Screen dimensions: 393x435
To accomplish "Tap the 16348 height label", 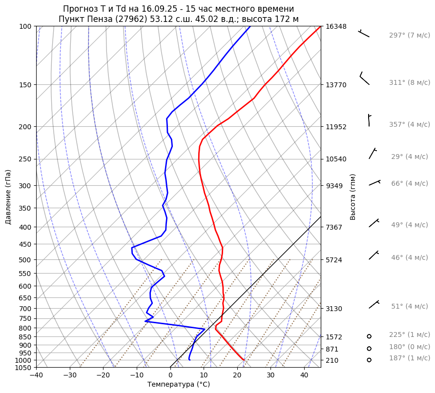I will pos(336,26).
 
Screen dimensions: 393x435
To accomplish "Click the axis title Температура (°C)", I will pos(179,384).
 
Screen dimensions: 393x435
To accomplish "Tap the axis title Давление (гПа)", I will pos(8,196).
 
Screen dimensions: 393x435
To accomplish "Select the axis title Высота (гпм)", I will pos(353,196).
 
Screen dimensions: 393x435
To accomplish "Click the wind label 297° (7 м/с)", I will pos(409,36).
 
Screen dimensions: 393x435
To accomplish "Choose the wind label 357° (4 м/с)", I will pos(409,124).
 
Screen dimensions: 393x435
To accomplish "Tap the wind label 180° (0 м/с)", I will pos(409,347).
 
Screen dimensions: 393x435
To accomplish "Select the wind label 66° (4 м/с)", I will pos(409,183).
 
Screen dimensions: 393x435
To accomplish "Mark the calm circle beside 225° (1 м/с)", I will pos(369,336).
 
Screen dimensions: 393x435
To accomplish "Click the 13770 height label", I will pos(336,85).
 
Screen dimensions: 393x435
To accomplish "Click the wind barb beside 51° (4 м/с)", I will pos(374,305).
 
